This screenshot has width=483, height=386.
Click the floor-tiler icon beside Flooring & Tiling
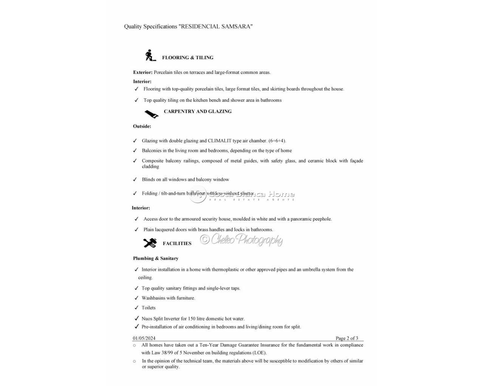[151, 55]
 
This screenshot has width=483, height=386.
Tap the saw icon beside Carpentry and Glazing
[151, 113]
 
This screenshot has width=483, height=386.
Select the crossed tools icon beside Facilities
[150, 243]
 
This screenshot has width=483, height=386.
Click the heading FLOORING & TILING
[188, 58]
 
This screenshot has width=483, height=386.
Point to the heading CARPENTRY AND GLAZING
[198, 112]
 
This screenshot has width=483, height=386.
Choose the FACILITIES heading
[177, 244]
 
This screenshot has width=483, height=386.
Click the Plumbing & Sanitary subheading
[155, 259]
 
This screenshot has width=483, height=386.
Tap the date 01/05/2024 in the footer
[144, 338]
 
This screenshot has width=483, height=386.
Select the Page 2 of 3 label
[347, 338]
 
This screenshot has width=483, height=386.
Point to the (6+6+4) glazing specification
[277, 141]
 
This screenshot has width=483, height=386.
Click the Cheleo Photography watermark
[242, 239]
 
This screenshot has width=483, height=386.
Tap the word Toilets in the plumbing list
[149, 308]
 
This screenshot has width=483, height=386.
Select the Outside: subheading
[142, 126]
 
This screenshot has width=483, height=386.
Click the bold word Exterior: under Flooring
[143, 72]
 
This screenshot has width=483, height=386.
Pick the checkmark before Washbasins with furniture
[136, 298]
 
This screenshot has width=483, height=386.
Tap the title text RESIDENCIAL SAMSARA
[215, 26]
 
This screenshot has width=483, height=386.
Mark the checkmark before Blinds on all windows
[135, 179]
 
